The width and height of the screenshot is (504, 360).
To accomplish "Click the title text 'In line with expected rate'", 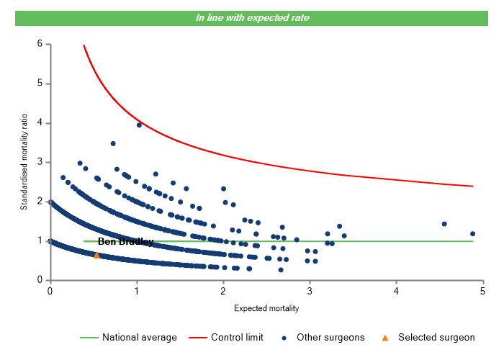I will click(252, 17).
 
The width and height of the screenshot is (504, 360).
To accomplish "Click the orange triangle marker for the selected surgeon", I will click(96, 255).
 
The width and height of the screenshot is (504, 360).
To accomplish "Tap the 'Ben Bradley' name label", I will click(125, 242).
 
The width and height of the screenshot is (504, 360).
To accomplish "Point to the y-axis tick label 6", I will click(40, 44).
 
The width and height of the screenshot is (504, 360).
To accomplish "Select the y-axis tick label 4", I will click(40, 123).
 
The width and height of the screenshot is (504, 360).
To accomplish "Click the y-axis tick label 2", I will click(40, 202).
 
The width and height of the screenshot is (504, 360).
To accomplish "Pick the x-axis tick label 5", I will click(482, 291).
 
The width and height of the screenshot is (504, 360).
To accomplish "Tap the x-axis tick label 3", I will click(310, 291).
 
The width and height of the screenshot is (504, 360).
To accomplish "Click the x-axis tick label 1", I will click(136, 291).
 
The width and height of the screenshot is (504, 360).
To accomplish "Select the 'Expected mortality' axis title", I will click(266, 308).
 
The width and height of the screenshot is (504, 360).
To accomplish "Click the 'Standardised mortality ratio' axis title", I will click(24, 162).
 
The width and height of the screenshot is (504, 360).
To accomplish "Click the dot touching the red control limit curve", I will click(139, 125).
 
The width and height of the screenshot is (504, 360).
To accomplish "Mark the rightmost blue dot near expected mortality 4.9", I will click(472, 233).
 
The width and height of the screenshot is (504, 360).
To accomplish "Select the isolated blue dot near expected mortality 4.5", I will click(444, 224).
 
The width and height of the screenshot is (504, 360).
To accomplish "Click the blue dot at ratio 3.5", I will click(113, 143).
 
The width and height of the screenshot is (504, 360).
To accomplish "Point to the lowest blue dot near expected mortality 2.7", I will click(281, 270).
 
